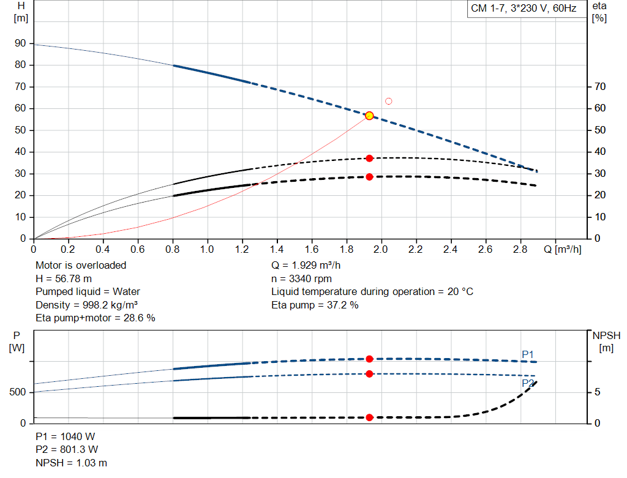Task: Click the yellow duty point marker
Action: (x=369, y=116)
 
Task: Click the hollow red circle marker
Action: (x=388, y=101)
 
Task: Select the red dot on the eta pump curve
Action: (x=369, y=159)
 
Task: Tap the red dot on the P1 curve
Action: (x=369, y=359)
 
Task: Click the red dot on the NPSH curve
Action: (x=369, y=417)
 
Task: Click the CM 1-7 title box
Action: (x=524, y=9)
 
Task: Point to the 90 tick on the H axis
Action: (x=21, y=43)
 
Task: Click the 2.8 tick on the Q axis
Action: (x=520, y=249)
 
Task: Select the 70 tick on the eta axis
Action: (x=600, y=87)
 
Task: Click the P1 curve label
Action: (x=528, y=354)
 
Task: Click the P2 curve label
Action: (x=528, y=383)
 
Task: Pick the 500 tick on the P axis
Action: (x=17, y=392)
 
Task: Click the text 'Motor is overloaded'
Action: (x=81, y=265)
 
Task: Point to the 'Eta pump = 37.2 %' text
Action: (x=315, y=305)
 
